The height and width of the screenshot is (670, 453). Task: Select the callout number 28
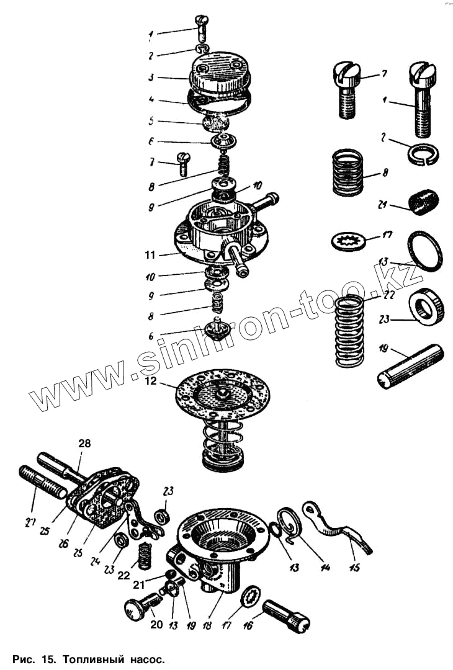pos(84,443)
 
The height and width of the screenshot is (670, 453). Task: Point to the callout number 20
pos(156,624)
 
